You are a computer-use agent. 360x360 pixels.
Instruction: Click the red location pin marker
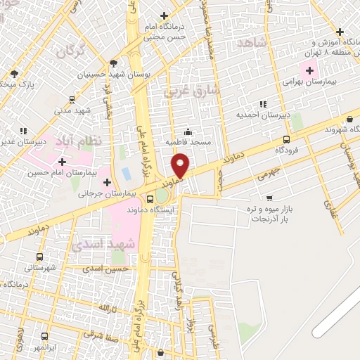(x=181, y=165)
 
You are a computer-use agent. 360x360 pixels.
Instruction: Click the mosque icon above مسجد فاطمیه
(x=188, y=131)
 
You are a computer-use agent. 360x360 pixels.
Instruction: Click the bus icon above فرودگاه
(x=286, y=139)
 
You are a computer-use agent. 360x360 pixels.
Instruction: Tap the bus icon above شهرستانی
(x=39, y=257)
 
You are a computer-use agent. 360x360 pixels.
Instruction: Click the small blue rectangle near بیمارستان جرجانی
(x=127, y=173)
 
